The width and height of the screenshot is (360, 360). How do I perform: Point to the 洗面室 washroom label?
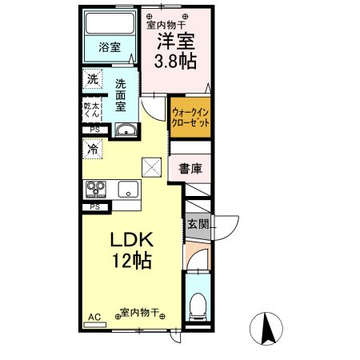pos(121,94)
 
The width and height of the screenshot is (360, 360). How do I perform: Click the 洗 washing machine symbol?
pos(93,80)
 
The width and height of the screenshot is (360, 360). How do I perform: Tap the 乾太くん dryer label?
pos(93,110)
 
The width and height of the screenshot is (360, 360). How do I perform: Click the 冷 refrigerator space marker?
pos(93,149)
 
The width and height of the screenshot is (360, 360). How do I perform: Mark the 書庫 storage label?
pos(189,169)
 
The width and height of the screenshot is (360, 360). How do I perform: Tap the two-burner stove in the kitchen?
pos(96,190)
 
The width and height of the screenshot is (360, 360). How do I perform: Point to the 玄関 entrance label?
pos(197,224)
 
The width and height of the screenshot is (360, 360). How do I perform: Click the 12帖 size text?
pos(131,262)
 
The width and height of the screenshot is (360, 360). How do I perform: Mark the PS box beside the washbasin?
pos(94,129)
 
